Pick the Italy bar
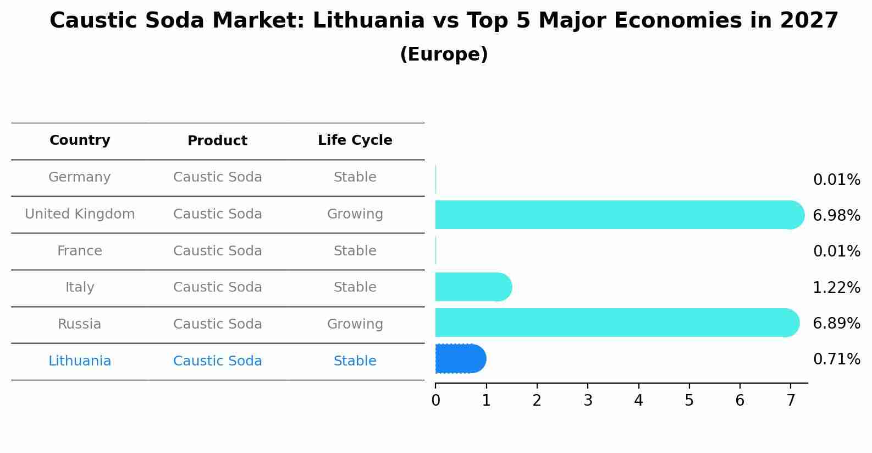pyautogui.click(x=473, y=287)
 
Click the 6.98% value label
pyautogui.click(x=836, y=216)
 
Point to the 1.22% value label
pyautogui.click(x=836, y=288)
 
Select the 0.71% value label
pyautogui.click(x=836, y=359)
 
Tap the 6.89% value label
pyautogui.click(x=836, y=324)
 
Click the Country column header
pyautogui.click(x=80, y=140)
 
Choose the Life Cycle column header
pyautogui.click(x=355, y=140)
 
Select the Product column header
pyautogui.click(x=217, y=141)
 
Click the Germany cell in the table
pyautogui.click(x=80, y=177)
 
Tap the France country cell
pyautogui.click(x=80, y=251)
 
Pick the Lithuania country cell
pyautogui.click(x=80, y=361)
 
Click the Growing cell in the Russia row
pyautogui.click(x=355, y=324)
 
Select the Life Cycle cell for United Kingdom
pyautogui.click(x=355, y=214)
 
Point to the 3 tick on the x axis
pyautogui.click(x=588, y=401)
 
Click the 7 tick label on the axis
pyautogui.click(x=791, y=401)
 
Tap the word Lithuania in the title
pyautogui.click(x=368, y=21)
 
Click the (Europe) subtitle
pyautogui.click(x=444, y=54)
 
